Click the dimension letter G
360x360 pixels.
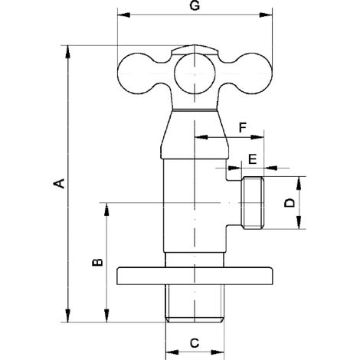[195, 5]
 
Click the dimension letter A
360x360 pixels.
[59, 184]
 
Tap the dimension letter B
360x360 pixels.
[97, 263]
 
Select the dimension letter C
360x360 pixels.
[195, 343]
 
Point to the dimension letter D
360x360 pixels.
[290, 203]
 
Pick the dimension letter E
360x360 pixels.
[252, 159]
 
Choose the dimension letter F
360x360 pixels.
[243, 127]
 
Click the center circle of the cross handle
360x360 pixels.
[195, 74]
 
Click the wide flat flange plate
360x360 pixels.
[195, 276]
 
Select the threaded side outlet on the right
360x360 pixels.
[253, 203]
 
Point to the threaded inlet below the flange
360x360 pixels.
[195, 303]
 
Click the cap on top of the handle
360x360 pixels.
[195, 50]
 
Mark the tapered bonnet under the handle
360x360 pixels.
[195, 135]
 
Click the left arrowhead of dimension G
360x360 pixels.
[123, 15]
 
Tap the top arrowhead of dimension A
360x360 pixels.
[67, 51]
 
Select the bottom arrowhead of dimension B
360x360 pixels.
[106, 316]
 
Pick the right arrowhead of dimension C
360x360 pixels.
[218, 352]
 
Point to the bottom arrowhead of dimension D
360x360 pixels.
[299, 223]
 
